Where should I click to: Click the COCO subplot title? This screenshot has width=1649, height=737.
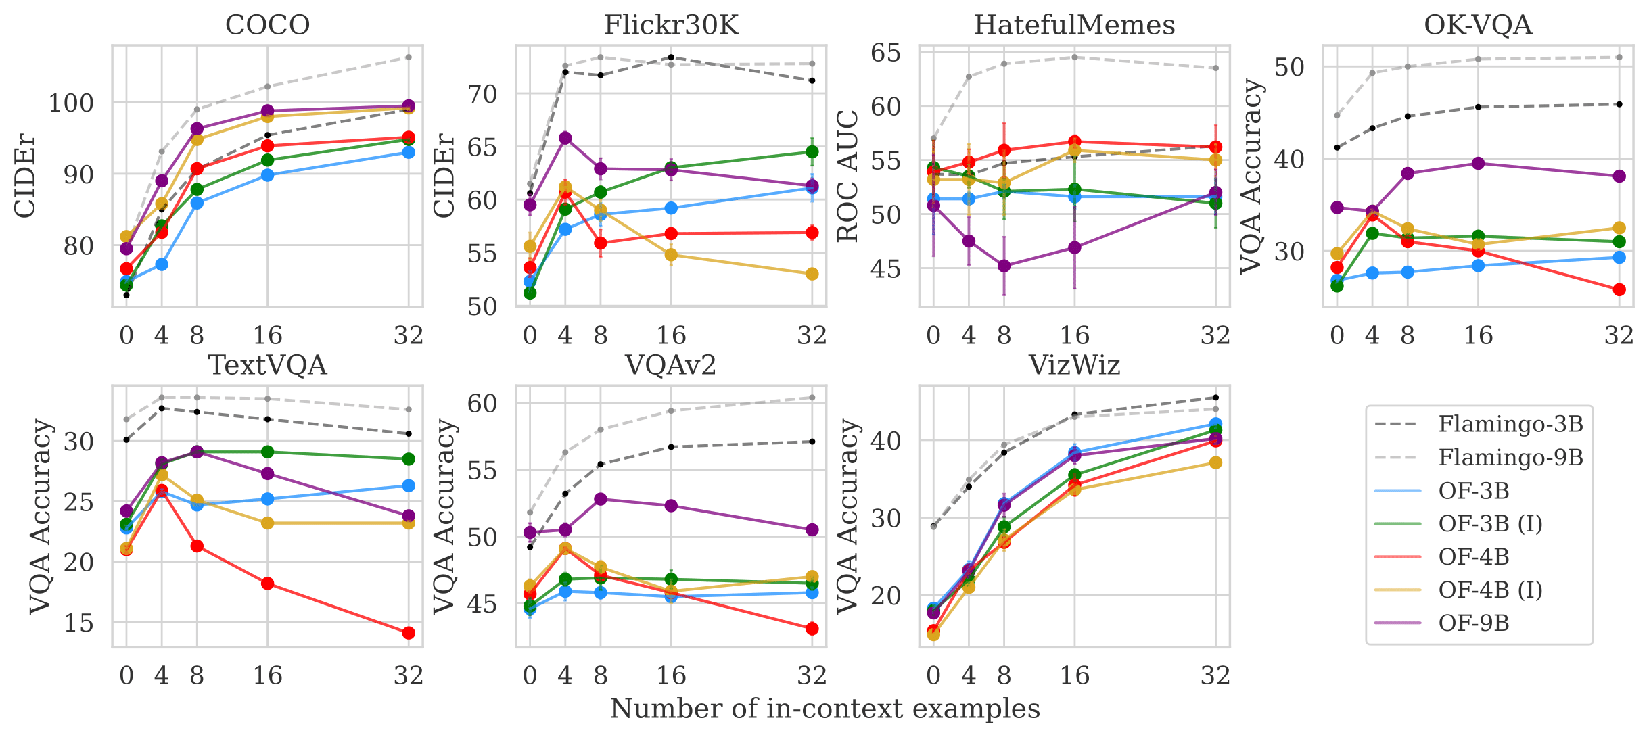click(x=267, y=25)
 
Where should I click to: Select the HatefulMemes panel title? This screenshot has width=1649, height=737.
click(x=1074, y=25)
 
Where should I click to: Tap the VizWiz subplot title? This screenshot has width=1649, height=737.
click(x=1074, y=365)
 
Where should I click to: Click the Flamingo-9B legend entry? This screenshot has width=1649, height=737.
click(x=1510, y=458)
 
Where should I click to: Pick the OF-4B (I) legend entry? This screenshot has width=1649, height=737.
click(x=1490, y=590)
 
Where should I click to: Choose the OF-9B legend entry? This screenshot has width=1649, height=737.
click(x=1474, y=623)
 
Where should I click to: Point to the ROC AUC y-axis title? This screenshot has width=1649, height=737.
click(x=848, y=176)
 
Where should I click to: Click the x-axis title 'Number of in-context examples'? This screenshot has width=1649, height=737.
click(x=824, y=709)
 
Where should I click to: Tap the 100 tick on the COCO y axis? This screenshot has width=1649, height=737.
click(x=70, y=103)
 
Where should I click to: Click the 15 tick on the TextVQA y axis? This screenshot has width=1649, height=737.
click(x=78, y=623)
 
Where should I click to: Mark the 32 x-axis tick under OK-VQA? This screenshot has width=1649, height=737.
click(x=1619, y=335)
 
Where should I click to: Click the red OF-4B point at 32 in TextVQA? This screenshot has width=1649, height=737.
click(x=409, y=633)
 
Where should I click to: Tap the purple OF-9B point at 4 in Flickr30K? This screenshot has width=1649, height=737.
click(x=565, y=138)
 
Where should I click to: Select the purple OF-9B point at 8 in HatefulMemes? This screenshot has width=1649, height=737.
click(x=1004, y=266)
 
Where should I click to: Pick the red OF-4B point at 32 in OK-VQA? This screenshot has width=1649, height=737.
click(x=1619, y=289)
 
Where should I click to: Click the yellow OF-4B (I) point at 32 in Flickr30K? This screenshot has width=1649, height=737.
click(x=812, y=274)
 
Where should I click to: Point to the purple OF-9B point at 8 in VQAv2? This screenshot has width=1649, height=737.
click(x=601, y=499)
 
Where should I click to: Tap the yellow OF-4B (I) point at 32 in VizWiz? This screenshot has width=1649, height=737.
click(x=1215, y=462)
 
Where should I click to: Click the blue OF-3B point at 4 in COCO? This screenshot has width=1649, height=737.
click(x=162, y=264)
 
